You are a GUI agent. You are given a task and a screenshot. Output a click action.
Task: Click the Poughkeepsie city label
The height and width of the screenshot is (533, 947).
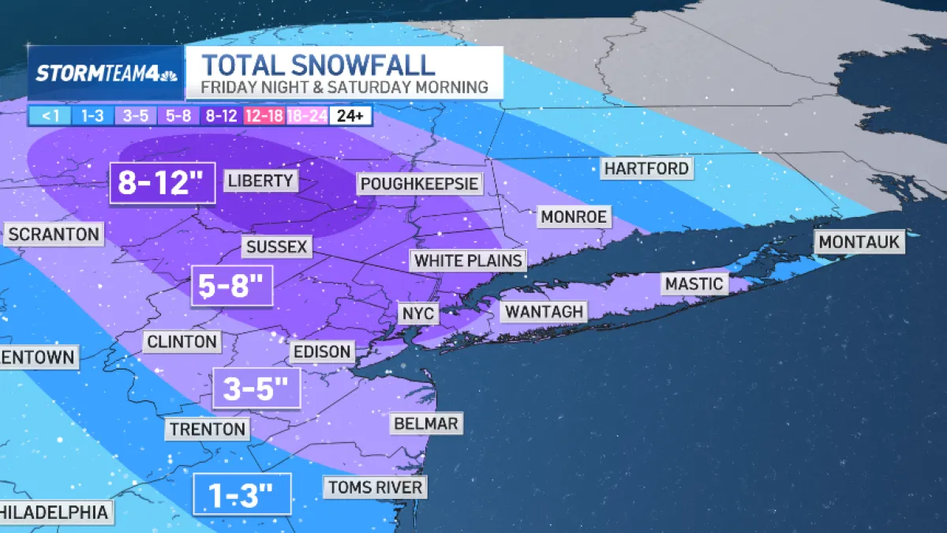pyautogui.click(x=419, y=184)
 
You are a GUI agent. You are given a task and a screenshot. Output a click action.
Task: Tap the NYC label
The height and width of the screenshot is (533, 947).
pyautogui.click(x=418, y=313)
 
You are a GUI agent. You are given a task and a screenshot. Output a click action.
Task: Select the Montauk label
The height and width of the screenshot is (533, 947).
pyautogui.click(x=859, y=242)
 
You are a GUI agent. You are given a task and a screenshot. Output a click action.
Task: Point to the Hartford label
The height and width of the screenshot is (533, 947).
pyautogui.click(x=646, y=168)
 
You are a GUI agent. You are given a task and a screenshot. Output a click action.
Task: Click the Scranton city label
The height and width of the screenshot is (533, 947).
pyautogui.click(x=54, y=234)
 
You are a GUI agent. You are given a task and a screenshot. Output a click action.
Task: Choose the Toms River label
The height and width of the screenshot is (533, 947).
pyautogui.click(x=376, y=486)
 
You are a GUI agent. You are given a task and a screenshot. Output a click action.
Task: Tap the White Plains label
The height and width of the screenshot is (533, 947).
pyautogui.click(x=469, y=260)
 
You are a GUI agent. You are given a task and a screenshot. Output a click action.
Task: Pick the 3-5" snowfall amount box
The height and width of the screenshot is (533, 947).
pyautogui.click(x=256, y=389)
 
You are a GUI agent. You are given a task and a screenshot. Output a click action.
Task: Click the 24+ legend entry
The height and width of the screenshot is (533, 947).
pyautogui.click(x=350, y=116)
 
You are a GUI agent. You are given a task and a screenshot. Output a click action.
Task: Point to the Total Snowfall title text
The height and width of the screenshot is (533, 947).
pyautogui.click(x=317, y=64)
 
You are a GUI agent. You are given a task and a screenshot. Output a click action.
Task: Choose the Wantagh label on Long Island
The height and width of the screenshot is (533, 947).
pyautogui.click(x=544, y=311)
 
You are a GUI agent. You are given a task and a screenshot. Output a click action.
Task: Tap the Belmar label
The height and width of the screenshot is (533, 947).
pyautogui.click(x=425, y=423)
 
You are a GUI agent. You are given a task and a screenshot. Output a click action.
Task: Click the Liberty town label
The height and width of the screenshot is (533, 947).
pyautogui.click(x=260, y=181)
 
